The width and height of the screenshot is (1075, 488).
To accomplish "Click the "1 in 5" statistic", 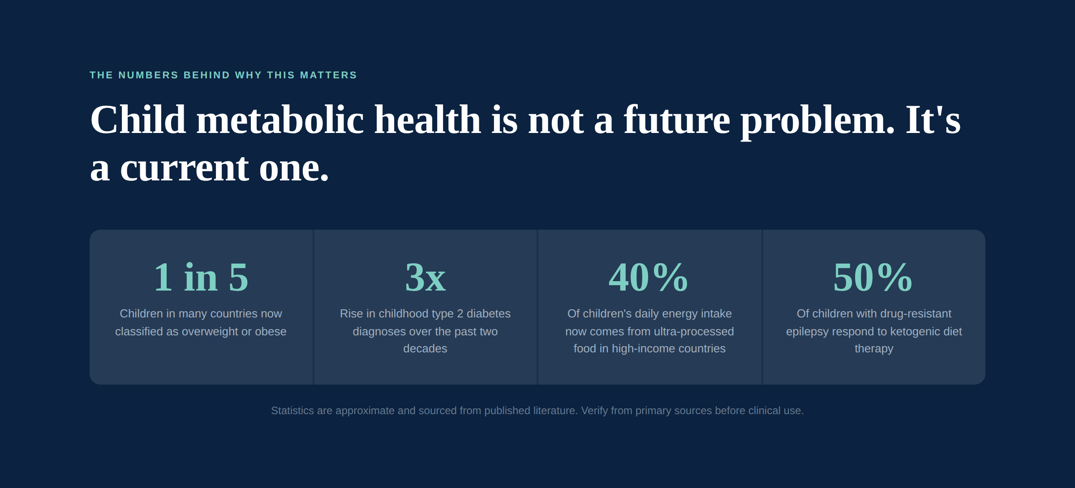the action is point(201,277).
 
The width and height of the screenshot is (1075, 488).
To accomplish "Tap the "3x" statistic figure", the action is point(425,277).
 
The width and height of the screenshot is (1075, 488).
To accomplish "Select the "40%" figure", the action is point(648,277).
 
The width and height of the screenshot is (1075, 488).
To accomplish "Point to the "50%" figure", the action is point(873,277).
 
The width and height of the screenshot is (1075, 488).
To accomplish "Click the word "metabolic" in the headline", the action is point(280,120).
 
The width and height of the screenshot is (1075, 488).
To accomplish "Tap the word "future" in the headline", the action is point(677,120).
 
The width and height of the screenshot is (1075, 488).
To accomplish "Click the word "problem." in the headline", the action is point(817,122).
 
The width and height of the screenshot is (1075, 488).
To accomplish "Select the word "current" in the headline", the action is point(185,169).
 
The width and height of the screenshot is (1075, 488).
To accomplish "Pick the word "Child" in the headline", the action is point(138,120).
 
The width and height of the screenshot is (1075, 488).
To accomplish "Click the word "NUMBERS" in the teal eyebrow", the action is point(148,75).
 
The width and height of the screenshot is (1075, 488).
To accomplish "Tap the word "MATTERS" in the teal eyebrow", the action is point(328,75).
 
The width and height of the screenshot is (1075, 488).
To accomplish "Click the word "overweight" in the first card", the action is point(210,332).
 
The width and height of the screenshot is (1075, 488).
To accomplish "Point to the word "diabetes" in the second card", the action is point(489,313).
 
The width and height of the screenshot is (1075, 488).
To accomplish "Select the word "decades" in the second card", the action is point(425,349).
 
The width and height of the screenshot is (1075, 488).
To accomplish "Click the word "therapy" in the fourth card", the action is point(874,349).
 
